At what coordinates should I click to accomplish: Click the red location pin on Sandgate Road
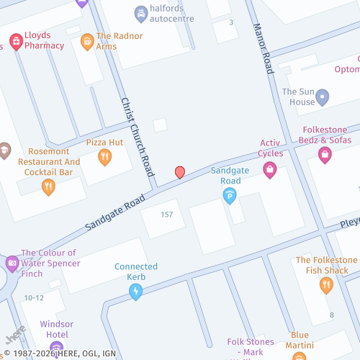(x=180, y=172)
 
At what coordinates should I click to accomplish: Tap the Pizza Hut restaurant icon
(x=105, y=156)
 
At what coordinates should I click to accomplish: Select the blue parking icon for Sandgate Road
(x=230, y=194)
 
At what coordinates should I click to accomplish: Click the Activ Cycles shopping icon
(x=270, y=170)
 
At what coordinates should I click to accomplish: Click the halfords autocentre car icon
(x=141, y=13)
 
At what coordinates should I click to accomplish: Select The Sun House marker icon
(x=323, y=96)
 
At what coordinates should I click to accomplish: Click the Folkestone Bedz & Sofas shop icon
(x=325, y=155)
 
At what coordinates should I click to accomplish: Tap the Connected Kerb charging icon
(x=135, y=291)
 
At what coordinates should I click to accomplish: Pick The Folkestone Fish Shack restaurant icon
(x=326, y=285)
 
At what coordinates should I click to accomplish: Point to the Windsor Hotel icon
(x=57, y=349)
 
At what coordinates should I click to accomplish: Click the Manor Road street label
(x=263, y=48)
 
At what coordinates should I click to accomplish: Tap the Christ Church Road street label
(x=137, y=137)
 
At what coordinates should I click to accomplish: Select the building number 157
(x=167, y=215)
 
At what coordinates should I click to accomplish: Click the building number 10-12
(x=34, y=297)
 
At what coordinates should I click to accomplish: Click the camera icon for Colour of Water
(x=12, y=264)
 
